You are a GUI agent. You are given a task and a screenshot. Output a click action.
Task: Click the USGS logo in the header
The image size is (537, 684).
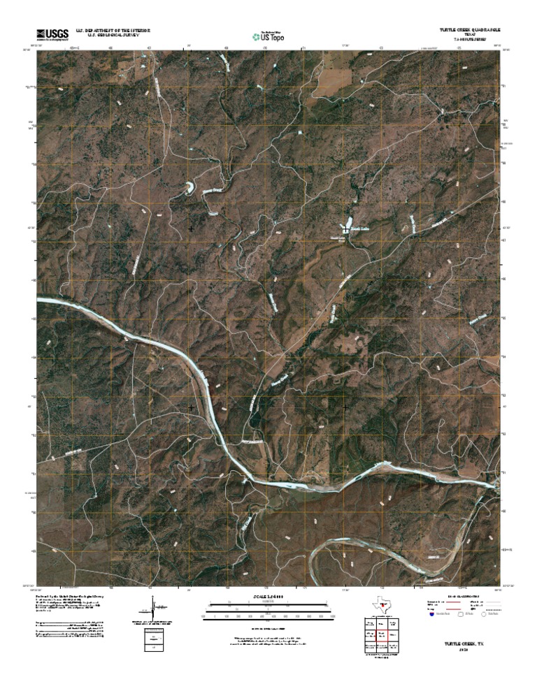tap(53, 34)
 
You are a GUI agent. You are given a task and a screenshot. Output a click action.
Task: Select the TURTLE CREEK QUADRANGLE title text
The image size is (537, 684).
tap(470, 30)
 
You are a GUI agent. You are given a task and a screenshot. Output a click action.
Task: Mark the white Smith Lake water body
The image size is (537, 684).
tap(345, 225)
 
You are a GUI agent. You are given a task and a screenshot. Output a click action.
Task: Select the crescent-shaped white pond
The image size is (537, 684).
tap(189, 188)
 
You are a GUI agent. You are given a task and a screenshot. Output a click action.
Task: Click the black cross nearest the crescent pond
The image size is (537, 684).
tap(192, 228)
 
